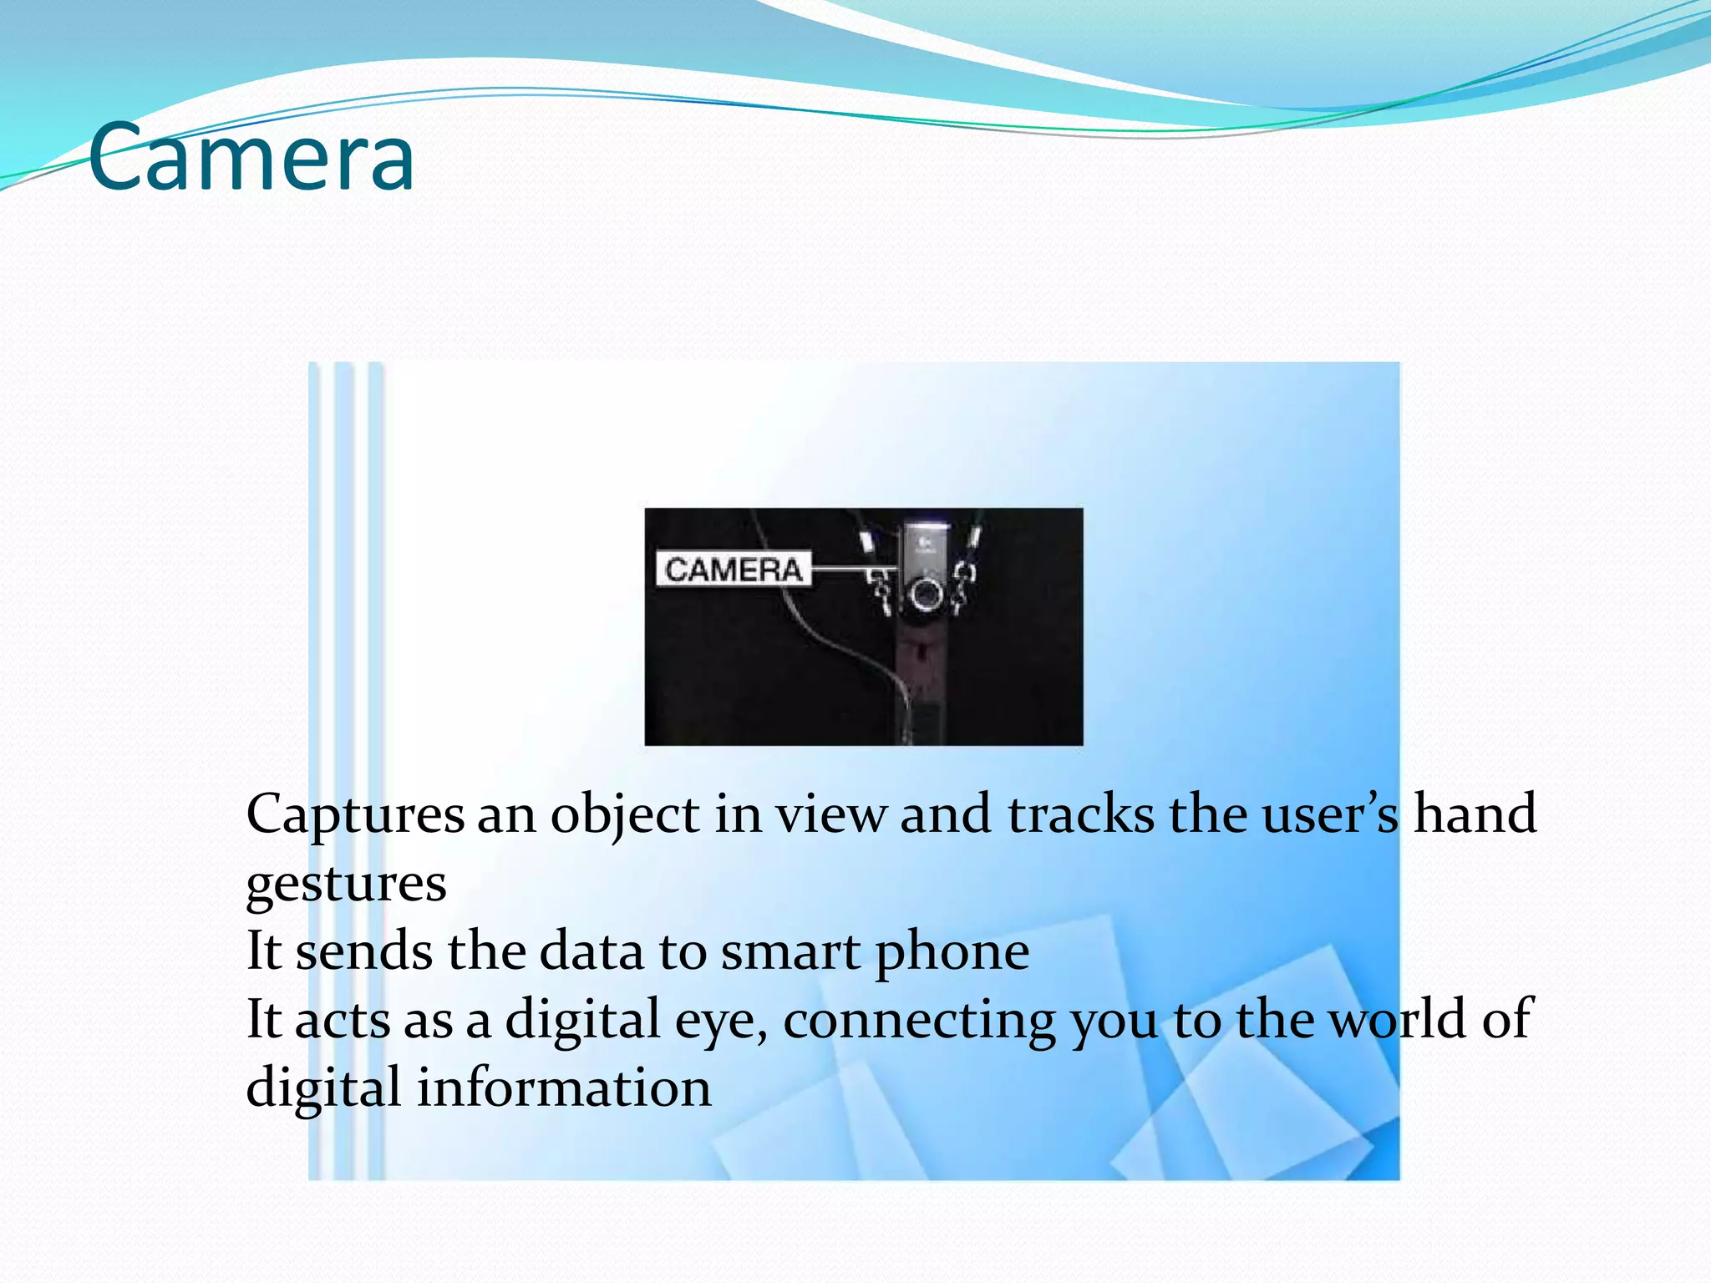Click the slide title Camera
tap(251, 156)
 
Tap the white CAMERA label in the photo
tap(733, 570)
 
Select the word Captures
tap(355, 814)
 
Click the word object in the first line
tap(624, 814)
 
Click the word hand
tap(1475, 814)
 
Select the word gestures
tap(346, 885)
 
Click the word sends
tap(364, 951)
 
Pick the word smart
tap(790, 951)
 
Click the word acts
tap(343, 1020)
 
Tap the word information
tap(564, 1088)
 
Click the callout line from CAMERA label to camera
tap(844, 570)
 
